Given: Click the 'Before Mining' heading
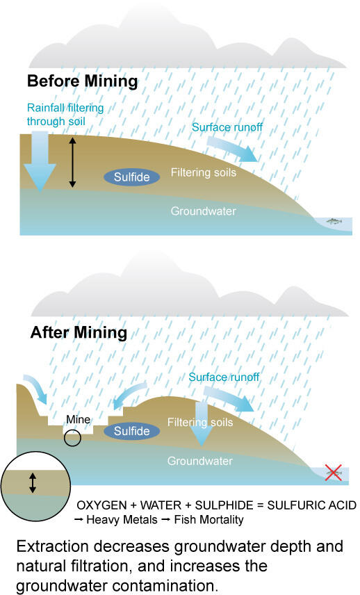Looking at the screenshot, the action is [82, 81].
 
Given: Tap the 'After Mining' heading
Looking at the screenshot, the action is [79, 333].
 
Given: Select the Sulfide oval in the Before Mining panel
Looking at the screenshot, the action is [131, 177].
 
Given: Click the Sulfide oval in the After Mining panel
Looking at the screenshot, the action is [131, 431].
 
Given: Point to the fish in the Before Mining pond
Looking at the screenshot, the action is [334, 221].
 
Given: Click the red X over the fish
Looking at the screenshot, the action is [334, 473].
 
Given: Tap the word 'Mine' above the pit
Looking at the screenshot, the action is [78, 419].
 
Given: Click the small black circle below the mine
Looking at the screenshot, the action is [72, 439].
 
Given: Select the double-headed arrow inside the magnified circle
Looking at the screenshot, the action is [33, 482].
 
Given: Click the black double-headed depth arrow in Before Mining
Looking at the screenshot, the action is [72, 163].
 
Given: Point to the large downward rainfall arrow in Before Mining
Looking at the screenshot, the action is [40, 161].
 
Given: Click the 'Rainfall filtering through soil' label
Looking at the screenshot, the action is [65, 115].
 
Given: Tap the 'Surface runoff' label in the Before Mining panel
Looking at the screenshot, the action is [227, 127].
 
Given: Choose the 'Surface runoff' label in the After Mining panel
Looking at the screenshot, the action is [224, 377].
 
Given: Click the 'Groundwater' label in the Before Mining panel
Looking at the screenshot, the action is [204, 211].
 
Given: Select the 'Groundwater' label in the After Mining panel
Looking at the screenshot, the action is [200, 461].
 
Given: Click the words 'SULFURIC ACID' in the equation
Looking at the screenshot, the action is [312, 505].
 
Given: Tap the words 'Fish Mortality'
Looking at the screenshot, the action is [208, 519].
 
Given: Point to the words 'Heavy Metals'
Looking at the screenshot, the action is [122, 519].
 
